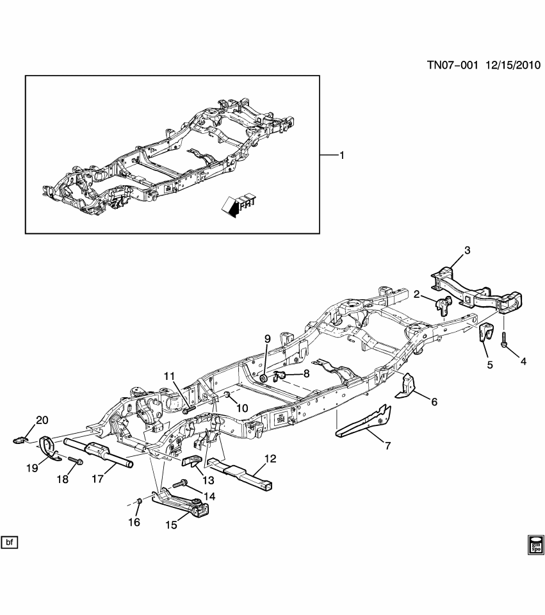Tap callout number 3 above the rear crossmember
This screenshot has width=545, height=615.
467,250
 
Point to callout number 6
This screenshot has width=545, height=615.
434,402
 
